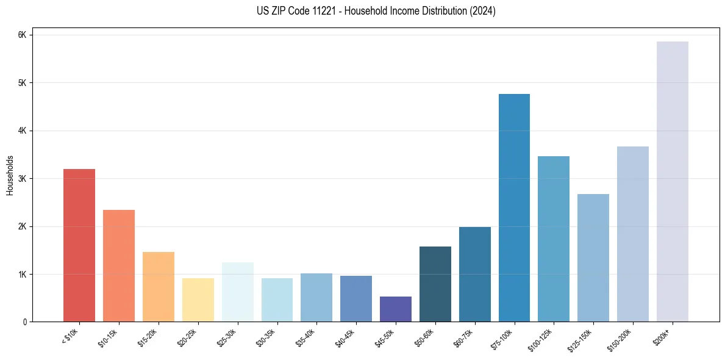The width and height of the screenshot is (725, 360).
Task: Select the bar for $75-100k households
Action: click(514, 207)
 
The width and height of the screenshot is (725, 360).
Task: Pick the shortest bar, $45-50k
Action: click(395, 309)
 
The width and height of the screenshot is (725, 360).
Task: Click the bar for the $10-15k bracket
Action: click(119, 266)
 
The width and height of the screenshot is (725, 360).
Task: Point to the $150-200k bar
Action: click(632, 234)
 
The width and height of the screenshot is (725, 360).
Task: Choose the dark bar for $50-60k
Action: click(435, 284)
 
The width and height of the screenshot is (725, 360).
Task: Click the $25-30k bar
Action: click(237, 292)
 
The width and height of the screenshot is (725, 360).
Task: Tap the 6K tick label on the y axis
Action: click(23, 35)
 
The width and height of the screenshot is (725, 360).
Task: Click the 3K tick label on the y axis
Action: click(23, 179)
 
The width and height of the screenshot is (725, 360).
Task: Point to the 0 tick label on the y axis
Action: click(25, 322)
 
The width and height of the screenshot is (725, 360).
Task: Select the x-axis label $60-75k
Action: click(464, 337)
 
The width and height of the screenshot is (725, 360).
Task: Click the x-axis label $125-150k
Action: click(580, 339)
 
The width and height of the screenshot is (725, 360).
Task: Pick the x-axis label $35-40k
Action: click(305, 337)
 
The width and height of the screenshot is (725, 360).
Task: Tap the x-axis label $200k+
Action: click(662, 335)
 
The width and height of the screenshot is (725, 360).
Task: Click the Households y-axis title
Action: click(10, 175)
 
